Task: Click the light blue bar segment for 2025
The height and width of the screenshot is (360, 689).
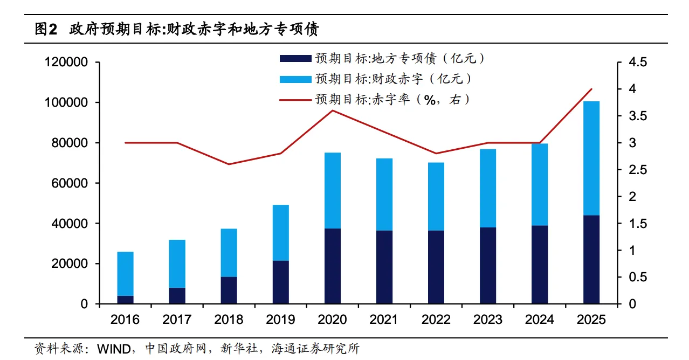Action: [x=591, y=158]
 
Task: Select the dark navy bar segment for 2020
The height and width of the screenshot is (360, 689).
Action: [x=333, y=266]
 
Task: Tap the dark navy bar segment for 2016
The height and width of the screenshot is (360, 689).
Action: [x=125, y=300]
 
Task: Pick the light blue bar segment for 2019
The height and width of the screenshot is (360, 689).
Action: [x=281, y=233]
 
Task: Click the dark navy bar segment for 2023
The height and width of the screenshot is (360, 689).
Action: [x=488, y=266]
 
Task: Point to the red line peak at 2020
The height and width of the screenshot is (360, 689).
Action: [x=333, y=110]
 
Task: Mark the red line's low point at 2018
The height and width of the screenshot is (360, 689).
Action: [x=229, y=164]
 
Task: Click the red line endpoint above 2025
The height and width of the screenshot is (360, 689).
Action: [x=591, y=89]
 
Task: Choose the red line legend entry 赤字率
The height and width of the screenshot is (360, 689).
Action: [x=372, y=99]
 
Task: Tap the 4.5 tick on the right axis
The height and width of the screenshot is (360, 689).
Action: [x=637, y=63]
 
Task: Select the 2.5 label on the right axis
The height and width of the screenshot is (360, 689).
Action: [x=637, y=170]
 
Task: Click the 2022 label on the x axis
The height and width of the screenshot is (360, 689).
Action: [x=436, y=320]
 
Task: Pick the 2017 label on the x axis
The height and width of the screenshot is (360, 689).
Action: [x=177, y=320]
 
